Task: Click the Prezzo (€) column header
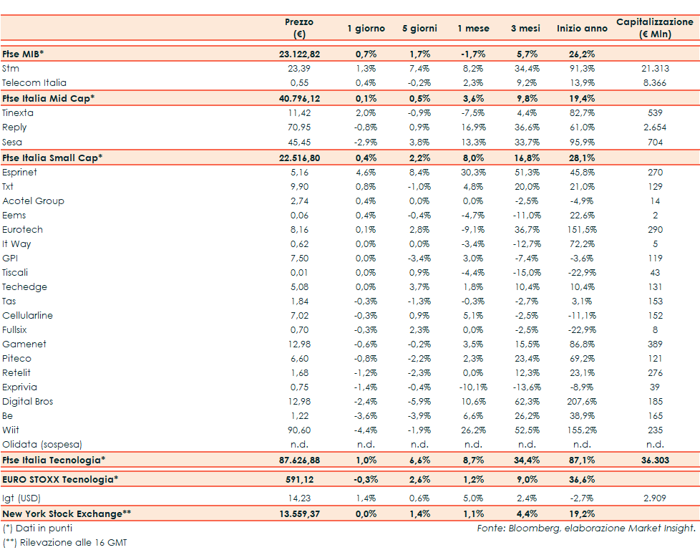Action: click(x=299, y=28)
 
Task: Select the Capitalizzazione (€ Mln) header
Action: click(x=654, y=28)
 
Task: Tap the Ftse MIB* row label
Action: click(x=24, y=54)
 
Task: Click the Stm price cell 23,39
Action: click(x=298, y=68)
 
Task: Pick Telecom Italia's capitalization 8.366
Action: click(x=655, y=83)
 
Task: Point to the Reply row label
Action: click(x=14, y=127)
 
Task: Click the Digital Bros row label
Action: click(x=27, y=402)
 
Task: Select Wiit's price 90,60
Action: click(x=298, y=430)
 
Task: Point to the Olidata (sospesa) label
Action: click(x=42, y=445)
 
